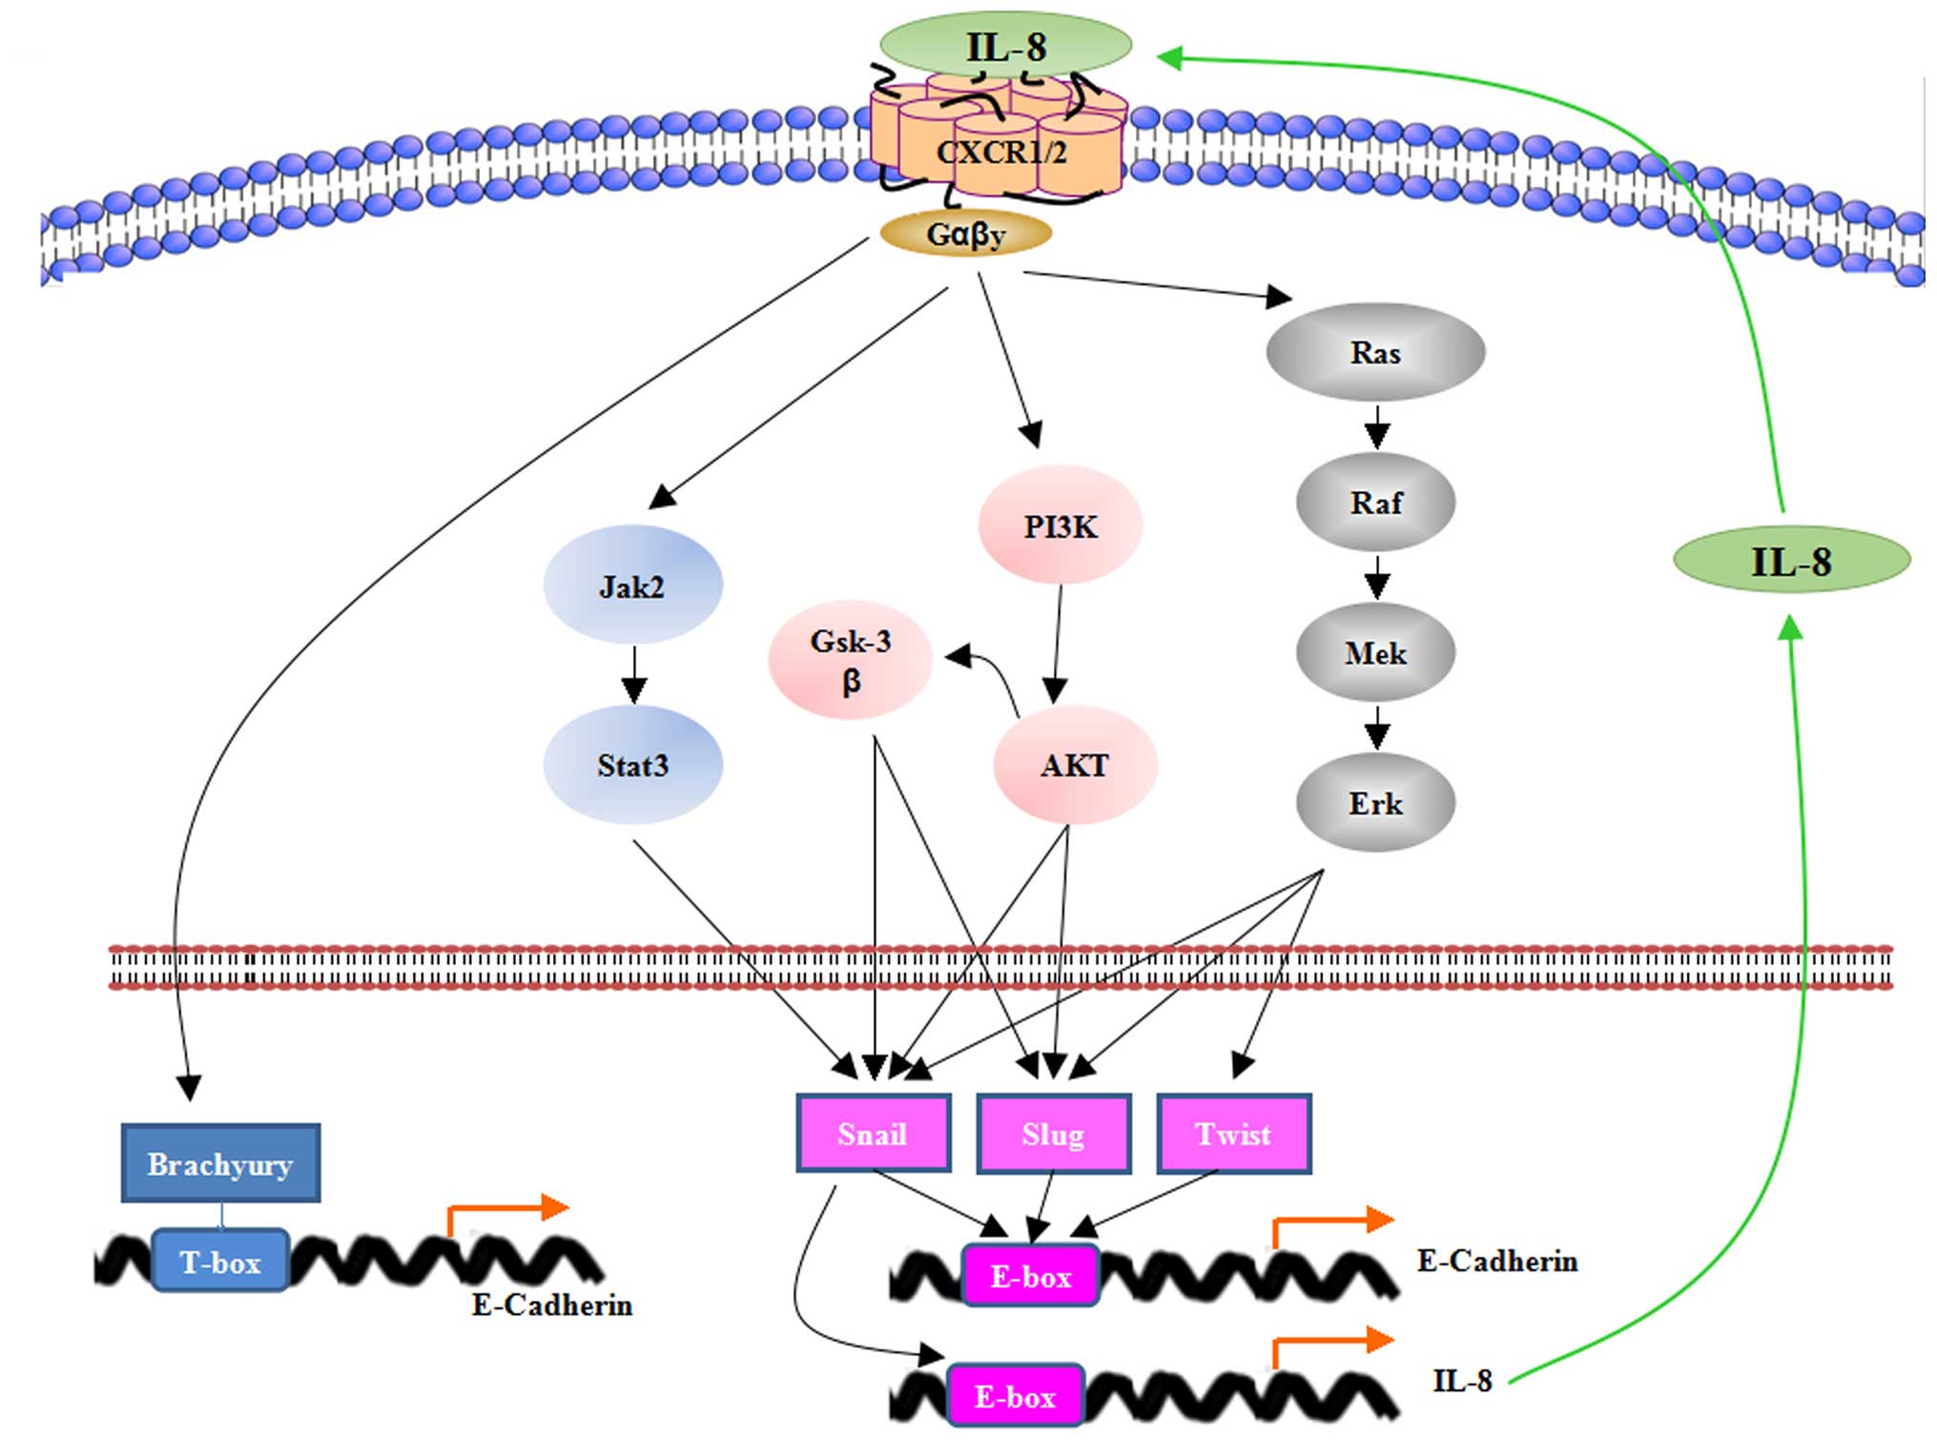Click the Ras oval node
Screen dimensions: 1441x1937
pos(1374,353)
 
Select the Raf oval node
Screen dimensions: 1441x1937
pos(1375,503)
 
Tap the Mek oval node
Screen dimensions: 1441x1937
pos(1375,653)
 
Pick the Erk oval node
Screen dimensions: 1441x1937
pos(1375,804)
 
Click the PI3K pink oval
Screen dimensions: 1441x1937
pos(1060,525)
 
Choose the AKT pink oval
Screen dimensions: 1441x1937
pos(1075,765)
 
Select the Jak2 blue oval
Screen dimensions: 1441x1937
pos(632,586)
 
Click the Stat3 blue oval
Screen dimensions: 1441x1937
pos(632,765)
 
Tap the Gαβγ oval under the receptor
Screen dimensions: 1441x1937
pos(965,234)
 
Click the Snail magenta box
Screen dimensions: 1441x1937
pos(873,1134)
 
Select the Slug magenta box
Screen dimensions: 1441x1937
pos(1053,1134)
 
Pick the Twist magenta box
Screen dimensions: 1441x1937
pos(1233,1134)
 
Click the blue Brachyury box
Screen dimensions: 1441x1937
pos(220,1163)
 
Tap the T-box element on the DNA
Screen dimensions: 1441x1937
pos(220,1262)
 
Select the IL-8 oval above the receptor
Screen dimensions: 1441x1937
pos(1005,46)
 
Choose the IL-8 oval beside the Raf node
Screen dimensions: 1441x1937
pos(1791,561)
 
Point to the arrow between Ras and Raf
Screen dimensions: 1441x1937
pos(1376,426)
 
